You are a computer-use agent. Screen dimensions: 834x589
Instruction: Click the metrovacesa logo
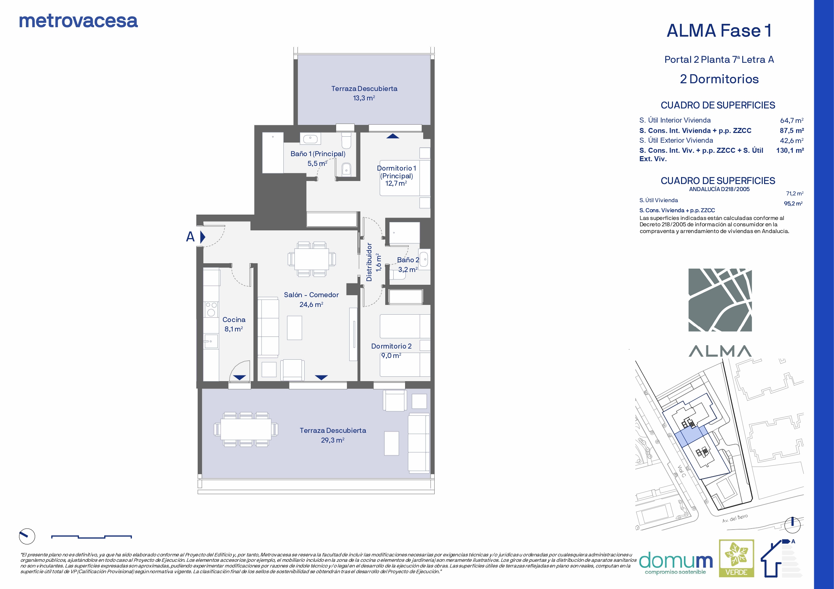(78, 21)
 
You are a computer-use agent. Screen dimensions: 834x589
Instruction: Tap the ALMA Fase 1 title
(719, 31)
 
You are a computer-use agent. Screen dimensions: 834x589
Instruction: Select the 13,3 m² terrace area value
(364, 98)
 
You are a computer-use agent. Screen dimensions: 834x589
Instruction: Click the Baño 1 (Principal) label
(318, 154)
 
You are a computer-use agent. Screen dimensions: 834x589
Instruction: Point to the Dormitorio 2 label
(391, 346)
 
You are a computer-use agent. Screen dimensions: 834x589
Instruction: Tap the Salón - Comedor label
(311, 295)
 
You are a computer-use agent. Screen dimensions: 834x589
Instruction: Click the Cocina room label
(234, 320)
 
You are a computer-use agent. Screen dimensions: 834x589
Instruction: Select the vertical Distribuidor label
(369, 262)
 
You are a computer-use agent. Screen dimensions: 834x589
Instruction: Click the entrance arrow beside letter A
(203, 237)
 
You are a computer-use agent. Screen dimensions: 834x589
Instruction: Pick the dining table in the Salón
(312, 259)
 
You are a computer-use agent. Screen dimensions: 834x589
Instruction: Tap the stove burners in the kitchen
(211, 309)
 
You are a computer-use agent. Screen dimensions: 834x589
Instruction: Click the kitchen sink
(211, 341)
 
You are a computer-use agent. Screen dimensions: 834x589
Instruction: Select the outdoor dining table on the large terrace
(246, 429)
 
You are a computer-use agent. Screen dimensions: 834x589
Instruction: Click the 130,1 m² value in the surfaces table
(790, 150)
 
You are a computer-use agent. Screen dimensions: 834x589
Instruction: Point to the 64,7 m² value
(792, 121)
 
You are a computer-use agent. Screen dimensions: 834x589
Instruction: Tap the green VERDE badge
(737, 558)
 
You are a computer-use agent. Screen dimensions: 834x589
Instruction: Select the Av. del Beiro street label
(735, 518)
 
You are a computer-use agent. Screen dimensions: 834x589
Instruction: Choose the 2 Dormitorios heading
(719, 79)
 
